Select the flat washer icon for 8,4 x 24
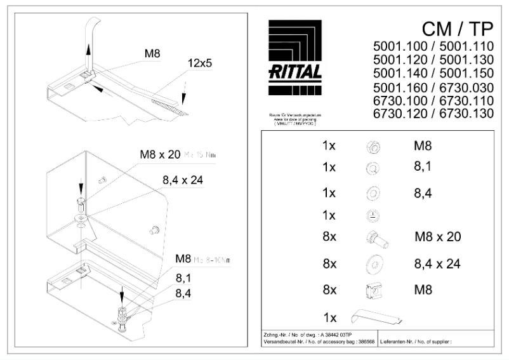pyautogui.click(x=373, y=263)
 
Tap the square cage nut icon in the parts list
pyautogui.click(x=373, y=290)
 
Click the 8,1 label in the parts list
pyautogui.click(x=423, y=167)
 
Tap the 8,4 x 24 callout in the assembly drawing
pyautogui.click(x=182, y=180)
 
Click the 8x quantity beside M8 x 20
pyautogui.click(x=329, y=237)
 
